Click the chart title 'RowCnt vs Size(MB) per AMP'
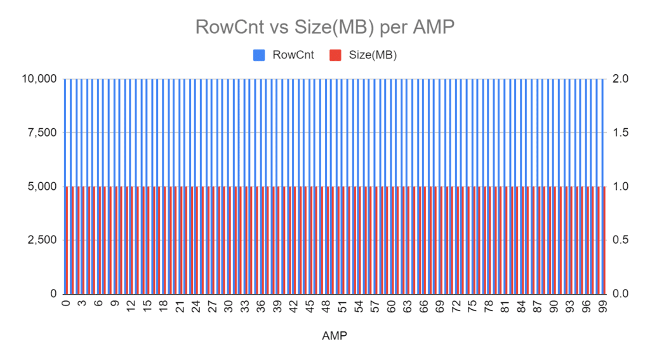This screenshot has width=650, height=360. [x=324, y=27]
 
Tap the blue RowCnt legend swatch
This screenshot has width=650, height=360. [x=259, y=55]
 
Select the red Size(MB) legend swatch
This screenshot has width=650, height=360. [x=335, y=55]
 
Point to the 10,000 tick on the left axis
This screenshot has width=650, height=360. [x=39, y=79]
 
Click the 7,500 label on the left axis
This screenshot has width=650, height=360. [x=43, y=133]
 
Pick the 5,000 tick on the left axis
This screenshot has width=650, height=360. [x=43, y=187]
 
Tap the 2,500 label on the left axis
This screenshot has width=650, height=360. [x=43, y=240]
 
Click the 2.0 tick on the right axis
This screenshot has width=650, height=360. [x=621, y=79]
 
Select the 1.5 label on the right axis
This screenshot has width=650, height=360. [x=621, y=133]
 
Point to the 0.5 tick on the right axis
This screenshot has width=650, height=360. [x=621, y=240]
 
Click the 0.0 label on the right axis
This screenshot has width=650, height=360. [x=621, y=293]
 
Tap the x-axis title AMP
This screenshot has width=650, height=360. [x=335, y=335]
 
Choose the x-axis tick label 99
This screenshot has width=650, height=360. [x=603, y=307]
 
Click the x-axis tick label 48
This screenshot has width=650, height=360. [x=326, y=307]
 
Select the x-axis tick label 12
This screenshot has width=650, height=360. [x=131, y=307]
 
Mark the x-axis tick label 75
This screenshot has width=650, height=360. [x=472, y=307]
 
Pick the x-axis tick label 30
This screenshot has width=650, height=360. [x=229, y=307]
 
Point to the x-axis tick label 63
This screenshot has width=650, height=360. [x=408, y=307]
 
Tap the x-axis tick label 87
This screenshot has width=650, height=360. [x=538, y=307]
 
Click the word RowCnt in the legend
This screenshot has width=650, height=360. [x=293, y=55]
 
